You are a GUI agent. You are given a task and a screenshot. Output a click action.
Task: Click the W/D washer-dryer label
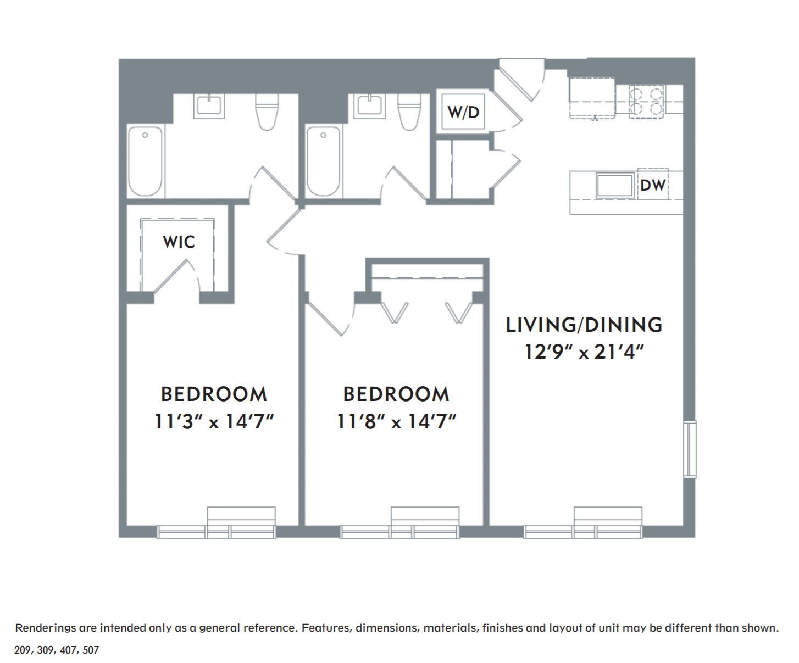[463, 112]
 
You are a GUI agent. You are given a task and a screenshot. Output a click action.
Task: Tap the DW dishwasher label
[653, 185]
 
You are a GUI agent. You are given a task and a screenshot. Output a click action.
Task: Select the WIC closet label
[179, 242]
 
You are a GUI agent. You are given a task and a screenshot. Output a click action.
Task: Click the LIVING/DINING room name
[584, 325]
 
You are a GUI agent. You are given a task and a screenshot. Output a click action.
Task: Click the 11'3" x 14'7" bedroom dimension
[214, 422]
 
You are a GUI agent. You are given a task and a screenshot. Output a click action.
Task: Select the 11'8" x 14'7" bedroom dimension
[396, 422]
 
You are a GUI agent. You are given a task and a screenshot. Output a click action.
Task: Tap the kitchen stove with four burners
[647, 102]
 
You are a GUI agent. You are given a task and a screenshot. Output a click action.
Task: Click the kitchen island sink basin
[614, 186]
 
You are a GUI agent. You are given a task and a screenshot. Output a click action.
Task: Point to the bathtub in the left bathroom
[145, 161]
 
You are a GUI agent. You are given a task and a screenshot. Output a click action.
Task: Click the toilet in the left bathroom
[267, 112]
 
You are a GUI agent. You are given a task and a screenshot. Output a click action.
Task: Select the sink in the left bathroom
[209, 106]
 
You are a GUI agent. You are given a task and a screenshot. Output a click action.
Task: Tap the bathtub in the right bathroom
[323, 161]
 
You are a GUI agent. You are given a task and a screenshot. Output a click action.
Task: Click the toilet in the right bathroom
[409, 112]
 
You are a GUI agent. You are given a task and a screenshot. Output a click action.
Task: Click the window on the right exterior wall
[690, 449]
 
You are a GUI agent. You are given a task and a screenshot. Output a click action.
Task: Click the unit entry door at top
[520, 80]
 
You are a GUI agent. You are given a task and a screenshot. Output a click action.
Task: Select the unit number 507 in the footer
[91, 650]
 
